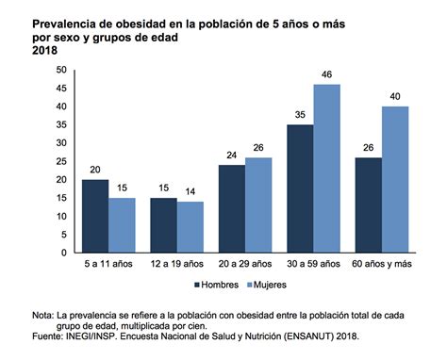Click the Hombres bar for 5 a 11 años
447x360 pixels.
click(x=95, y=216)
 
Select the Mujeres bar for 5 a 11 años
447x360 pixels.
click(x=122, y=225)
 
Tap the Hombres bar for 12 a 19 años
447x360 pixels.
click(x=164, y=225)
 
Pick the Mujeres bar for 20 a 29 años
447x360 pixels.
click(x=258, y=205)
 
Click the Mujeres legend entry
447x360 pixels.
click(x=270, y=284)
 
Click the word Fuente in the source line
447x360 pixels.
click(x=48, y=335)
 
